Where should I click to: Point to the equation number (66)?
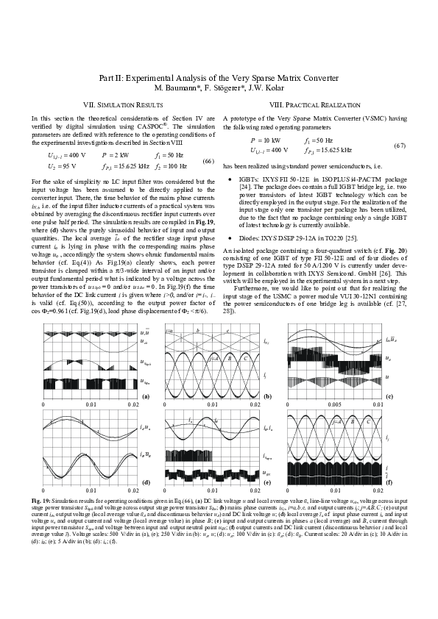coord(208,161)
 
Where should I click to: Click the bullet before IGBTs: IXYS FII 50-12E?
coord(231,179)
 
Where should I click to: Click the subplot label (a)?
coord(146,396)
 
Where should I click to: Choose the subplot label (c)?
coord(389,396)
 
